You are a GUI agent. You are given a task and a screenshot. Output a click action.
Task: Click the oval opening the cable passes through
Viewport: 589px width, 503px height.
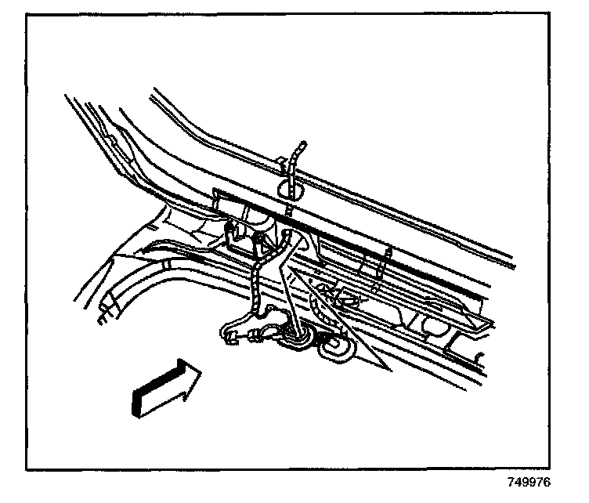(291, 188)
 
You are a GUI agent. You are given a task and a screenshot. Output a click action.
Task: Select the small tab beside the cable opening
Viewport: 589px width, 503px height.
(280, 164)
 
